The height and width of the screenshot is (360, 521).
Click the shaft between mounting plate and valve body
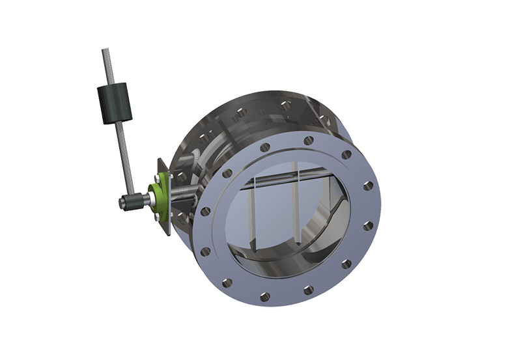coord(186,193)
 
